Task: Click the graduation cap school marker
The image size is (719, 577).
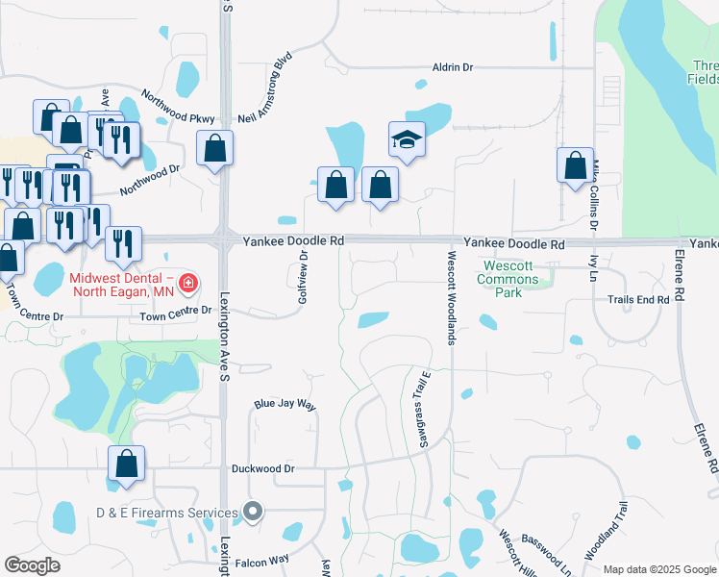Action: pos(407,140)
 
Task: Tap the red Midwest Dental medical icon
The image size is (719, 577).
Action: pos(188,283)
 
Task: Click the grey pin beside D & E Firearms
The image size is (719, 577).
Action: pos(253,513)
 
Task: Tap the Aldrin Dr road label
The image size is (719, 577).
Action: pos(454,67)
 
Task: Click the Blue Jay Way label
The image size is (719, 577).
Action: pos(285,406)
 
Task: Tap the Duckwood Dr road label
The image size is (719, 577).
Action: pos(262,469)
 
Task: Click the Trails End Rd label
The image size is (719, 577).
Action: pos(637,300)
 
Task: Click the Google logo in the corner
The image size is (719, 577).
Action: pos(33,565)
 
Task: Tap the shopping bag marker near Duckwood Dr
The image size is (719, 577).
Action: pos(127,464)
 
